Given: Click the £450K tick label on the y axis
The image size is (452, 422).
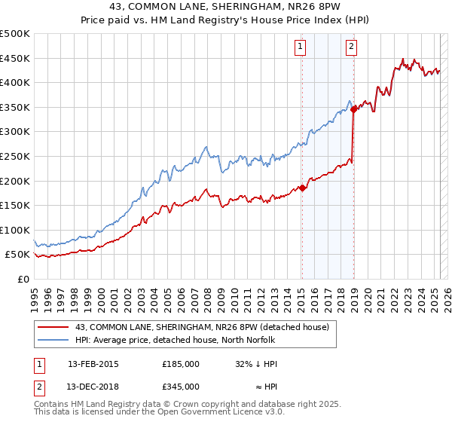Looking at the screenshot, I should (x=15, y=58).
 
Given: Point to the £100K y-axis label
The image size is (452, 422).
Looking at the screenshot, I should (x=15, y=230).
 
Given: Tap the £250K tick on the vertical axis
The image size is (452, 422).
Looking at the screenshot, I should (x=15, y=156).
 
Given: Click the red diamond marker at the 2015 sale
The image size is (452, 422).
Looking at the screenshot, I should (x=302, y=188).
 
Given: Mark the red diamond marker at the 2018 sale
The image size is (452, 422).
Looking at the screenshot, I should (x=353, y=109).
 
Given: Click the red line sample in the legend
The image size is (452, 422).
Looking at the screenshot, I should (x=53, y=327).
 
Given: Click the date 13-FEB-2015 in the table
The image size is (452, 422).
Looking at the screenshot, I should (x=93, y=364).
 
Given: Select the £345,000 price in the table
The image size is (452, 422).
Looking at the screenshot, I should (x=181, y=386).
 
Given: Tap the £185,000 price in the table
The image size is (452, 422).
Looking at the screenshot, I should (x=181, y=364).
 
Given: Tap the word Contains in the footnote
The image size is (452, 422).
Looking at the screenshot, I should (x=52, y=405).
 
